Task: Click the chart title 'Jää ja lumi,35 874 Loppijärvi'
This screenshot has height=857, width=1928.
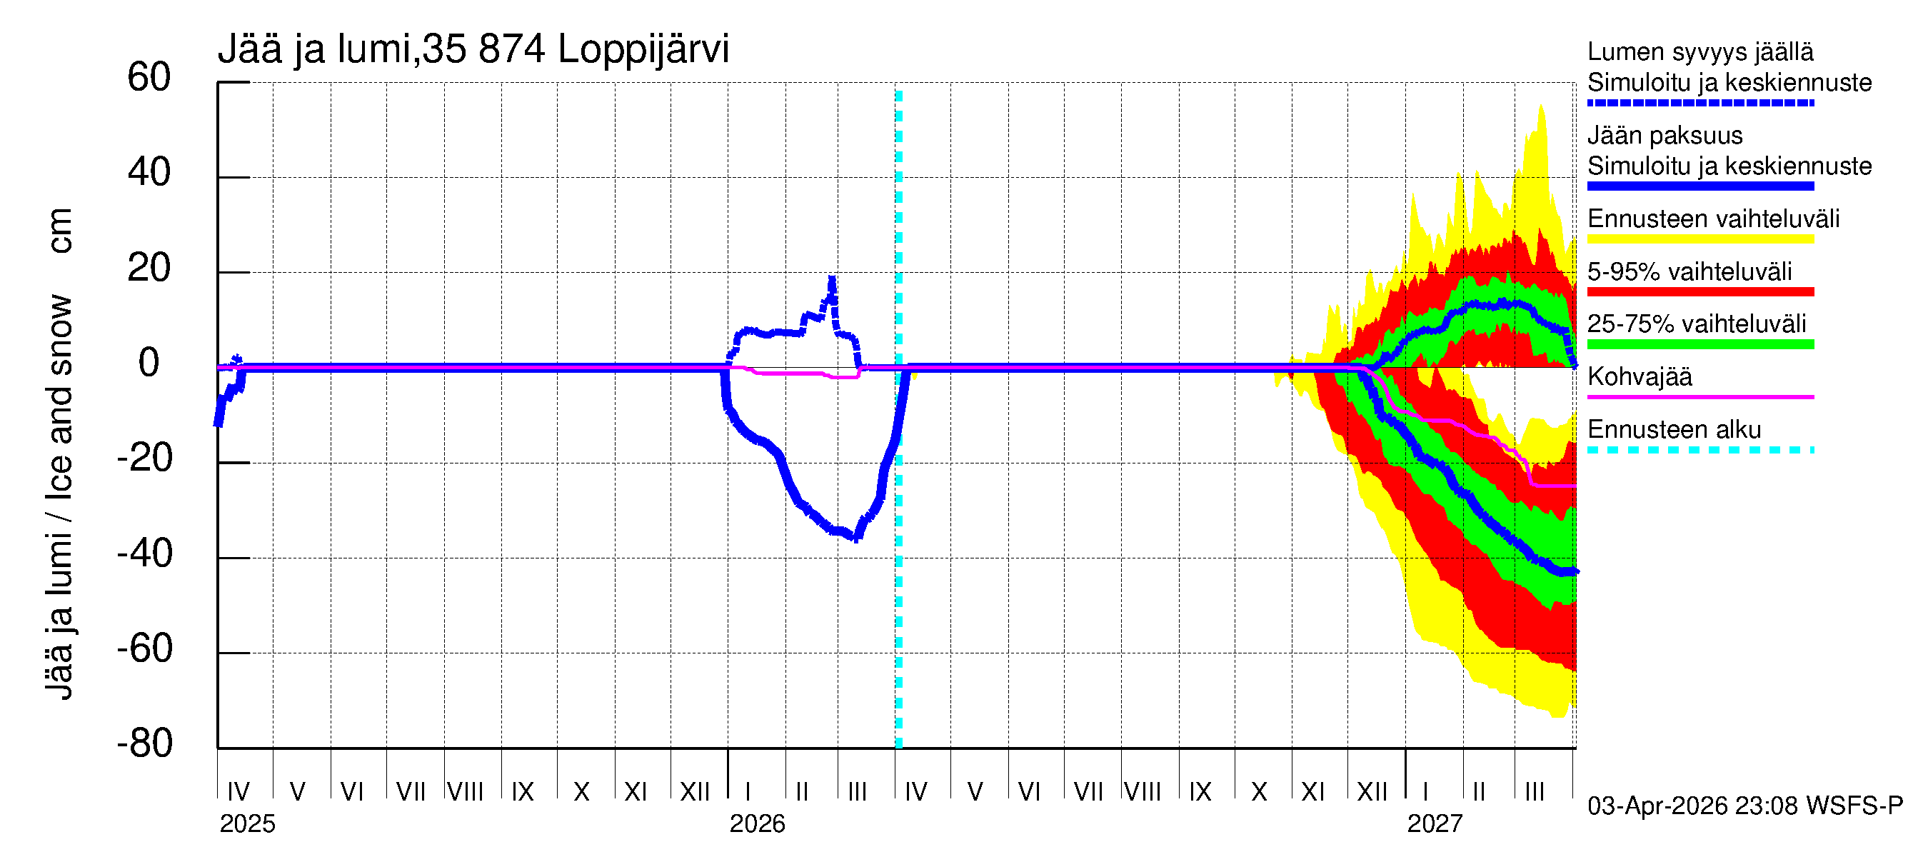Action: point(473,49)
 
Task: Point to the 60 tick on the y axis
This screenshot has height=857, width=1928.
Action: point(149,77)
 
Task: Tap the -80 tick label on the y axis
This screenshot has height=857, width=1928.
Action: point(144,743)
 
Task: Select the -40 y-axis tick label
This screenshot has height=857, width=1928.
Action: point(144,554)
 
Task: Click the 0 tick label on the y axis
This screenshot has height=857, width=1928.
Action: point(149,363)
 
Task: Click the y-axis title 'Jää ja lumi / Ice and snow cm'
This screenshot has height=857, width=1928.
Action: point(59,453)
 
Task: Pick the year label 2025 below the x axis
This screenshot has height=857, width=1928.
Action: point(247,824)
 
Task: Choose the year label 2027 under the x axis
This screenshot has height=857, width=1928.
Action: point(1434,824)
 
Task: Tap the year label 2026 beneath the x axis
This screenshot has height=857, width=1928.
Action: point(757,824)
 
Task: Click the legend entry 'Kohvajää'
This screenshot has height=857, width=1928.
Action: point(1639,376)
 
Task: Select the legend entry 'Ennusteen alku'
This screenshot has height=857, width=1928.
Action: point(1674,430)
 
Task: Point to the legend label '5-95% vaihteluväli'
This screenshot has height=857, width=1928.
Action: point(1689,271)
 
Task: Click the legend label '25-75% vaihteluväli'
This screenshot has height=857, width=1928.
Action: point(1696,324)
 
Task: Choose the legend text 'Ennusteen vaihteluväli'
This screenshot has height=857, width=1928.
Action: point(1713,219)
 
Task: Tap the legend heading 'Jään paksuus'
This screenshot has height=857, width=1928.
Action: point(1665,136)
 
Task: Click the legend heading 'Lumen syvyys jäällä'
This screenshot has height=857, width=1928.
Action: point(1699,52)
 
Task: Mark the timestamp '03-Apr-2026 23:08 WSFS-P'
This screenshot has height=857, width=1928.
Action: point(1744,806)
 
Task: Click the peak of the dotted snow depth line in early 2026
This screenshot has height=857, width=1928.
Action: point(831,279)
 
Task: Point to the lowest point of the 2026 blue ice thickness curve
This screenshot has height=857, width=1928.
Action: point(856,537)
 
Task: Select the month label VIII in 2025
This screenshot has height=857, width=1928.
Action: point(465,792)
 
